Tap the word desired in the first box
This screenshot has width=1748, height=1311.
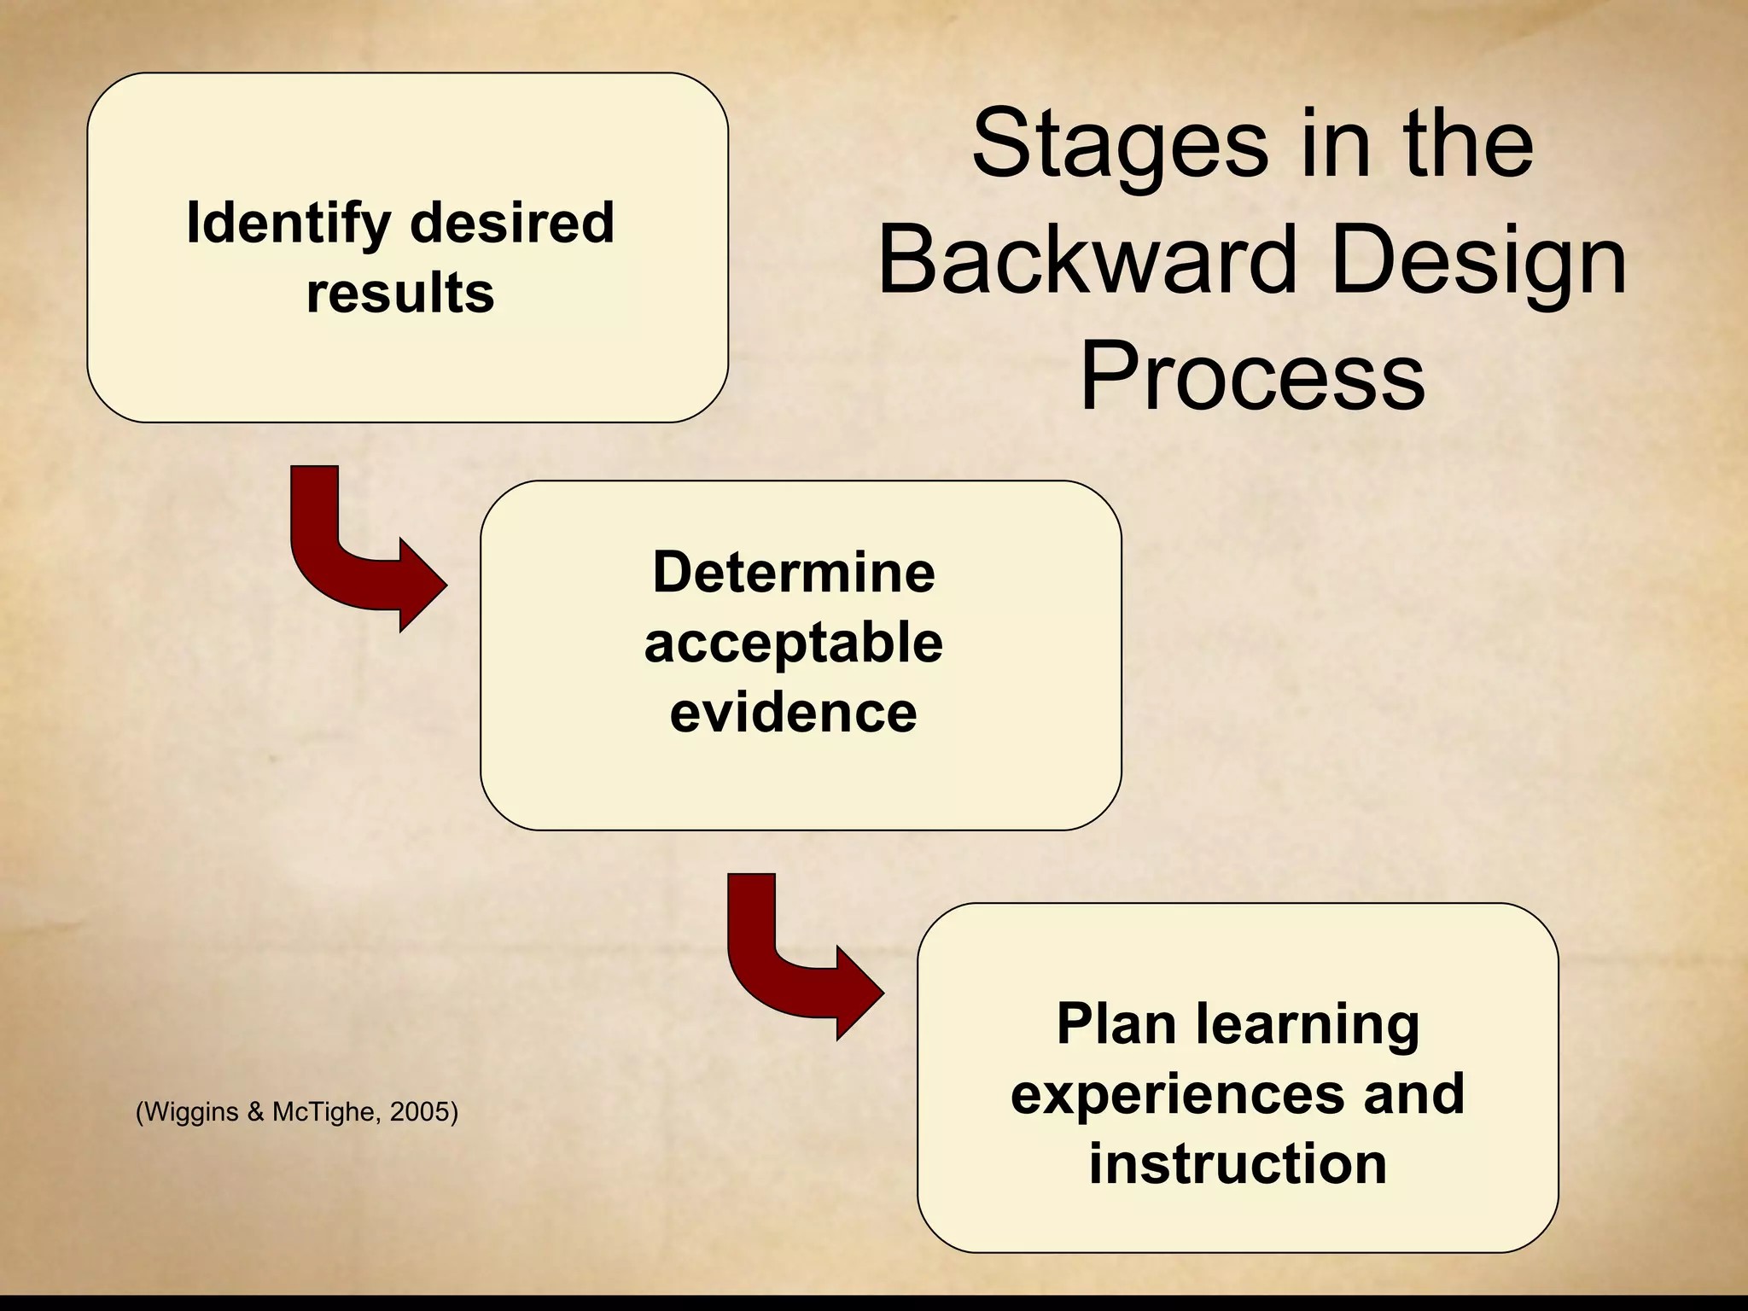point(512,223)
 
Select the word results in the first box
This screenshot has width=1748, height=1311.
point(400,294)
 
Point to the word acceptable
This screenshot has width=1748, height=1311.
point(794,643)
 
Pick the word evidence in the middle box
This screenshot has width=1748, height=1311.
point(794,713)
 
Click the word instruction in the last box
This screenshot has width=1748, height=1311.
point(1238,1164)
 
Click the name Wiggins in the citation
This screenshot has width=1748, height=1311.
point(190,1112)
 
